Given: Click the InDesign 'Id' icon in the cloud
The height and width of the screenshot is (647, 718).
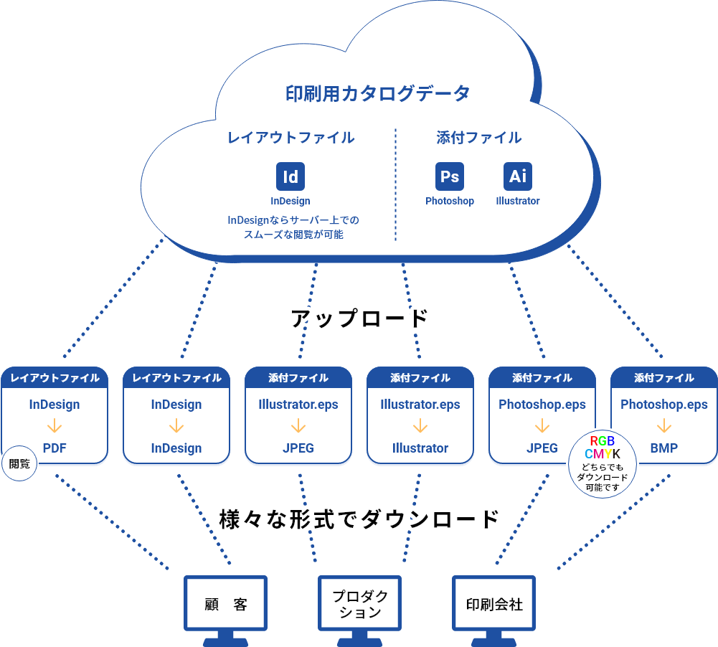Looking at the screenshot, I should click(290, 176).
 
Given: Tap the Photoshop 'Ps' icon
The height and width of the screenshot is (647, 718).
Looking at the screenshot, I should click(450, 176).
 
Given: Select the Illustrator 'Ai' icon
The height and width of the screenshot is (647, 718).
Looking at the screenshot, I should click(518, 176).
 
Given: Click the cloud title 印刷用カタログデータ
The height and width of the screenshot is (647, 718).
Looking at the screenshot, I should click(378, 93).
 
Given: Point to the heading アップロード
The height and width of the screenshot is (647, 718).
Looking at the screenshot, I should click(359, 318).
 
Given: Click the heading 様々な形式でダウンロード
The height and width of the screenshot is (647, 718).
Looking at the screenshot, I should click(359, 519).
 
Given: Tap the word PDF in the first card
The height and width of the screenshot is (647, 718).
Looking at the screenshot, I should click(55, 448).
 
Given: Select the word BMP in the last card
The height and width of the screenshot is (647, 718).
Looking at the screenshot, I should click(664, 448).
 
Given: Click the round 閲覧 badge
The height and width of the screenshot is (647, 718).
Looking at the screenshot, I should click(19, 463).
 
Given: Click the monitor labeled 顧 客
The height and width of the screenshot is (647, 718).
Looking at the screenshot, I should click(226, 604).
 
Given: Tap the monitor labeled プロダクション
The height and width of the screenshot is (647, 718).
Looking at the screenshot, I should click(360, 604).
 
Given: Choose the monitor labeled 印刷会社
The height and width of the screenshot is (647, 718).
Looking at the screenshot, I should click(494, 604).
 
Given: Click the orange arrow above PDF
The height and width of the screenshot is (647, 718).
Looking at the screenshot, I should click(55, 427).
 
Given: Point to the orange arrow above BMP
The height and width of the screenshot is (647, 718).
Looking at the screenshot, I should click(664, 427).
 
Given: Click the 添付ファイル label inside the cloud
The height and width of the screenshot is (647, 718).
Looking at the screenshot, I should click(479, 138).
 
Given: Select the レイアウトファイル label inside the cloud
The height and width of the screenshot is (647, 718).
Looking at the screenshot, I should click(290, 138).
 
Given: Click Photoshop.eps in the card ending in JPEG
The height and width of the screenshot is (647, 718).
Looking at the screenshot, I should click(542, 405).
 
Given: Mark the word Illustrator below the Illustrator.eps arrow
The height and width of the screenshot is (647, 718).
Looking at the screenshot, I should click(420, 448).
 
